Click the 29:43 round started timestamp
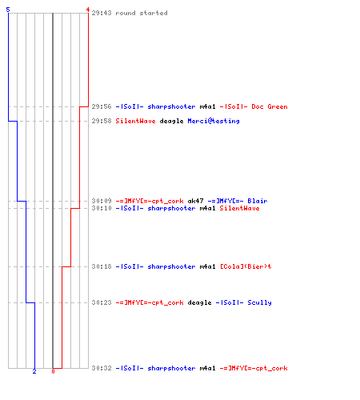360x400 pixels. point(102,13)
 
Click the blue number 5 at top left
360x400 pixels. point(8,10)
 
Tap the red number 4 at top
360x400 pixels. point(87,10)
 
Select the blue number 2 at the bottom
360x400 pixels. point(34,371)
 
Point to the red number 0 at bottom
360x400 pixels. point(53,371)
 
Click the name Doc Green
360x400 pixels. point(270,106)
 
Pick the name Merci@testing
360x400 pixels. point(214,121)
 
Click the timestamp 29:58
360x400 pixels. point(102,121)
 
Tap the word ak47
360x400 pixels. point(195,201)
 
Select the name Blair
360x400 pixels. point(258,201)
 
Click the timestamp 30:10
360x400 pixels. point(102,208)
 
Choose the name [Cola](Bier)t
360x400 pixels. point(246,266)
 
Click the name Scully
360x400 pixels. point(259,302)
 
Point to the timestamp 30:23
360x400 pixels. point(102,302)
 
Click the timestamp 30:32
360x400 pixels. point(102,368)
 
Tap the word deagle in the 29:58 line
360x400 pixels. point(171,121)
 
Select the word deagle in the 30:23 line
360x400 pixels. point(199,302)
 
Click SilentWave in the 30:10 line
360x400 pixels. point(239,208)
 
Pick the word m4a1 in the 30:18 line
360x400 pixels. point(207,266)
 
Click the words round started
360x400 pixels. point(142,13)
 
